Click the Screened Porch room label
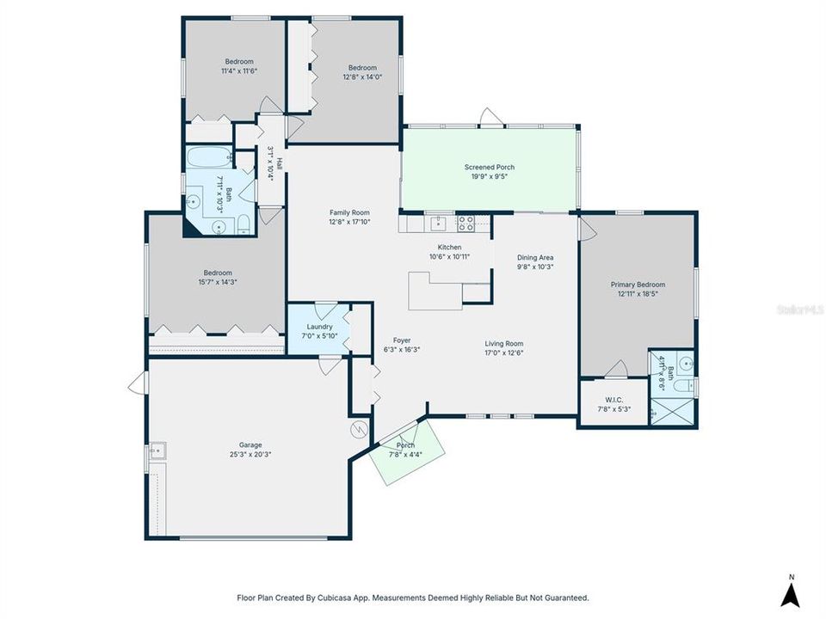(489, 167)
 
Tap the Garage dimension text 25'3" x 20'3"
(245, 454)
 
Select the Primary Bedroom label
(638, 285)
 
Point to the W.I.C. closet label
(613, 399)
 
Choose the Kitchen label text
(449, 247)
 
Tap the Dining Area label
(534, 257)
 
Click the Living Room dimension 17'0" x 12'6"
(503, 352)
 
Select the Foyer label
(401, 340)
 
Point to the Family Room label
(348, 212)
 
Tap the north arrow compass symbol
(791, 591)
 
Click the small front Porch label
(405, 445)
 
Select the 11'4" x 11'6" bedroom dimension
(239, 70)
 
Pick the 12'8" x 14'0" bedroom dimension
(362, 77)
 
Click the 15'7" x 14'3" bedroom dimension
(218, 282)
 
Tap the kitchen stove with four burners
(465, 223)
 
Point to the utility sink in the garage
(156, 449)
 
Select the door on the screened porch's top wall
(490, 120)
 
